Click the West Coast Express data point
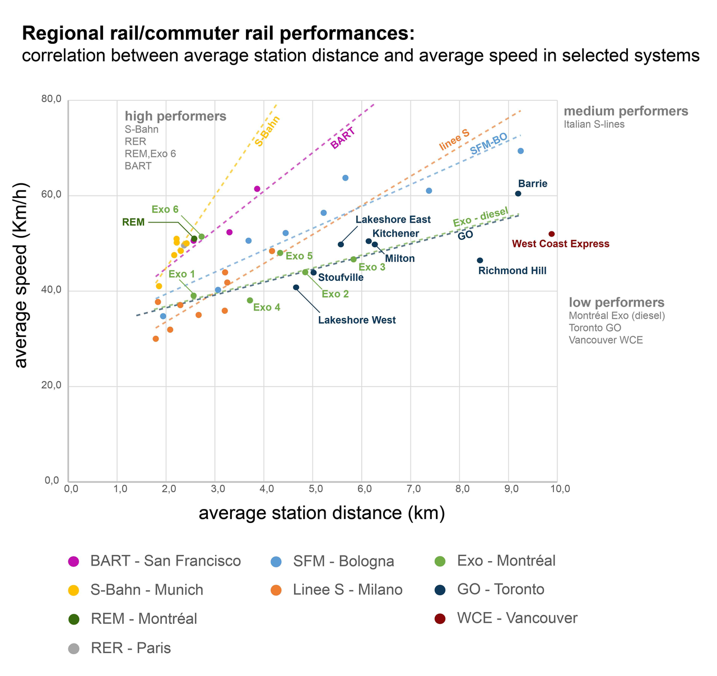click(551, 234)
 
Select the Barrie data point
click(518, 193)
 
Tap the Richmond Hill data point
click(480, 260)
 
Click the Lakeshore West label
click(357, 321)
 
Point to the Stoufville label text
click(341, 277)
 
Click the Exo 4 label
click(267, 307)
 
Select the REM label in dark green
click(133, 222)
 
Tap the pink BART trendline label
click(343, 138)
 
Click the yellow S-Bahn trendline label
click(267, 131)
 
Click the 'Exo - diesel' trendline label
click(481, 217)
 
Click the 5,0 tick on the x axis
click(315, 489)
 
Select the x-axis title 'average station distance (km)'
click(322, 513)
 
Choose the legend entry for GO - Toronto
click(500, 589)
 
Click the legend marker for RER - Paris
click(73, 649)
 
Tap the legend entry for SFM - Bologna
click(343, 561)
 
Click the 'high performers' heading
click(175, 116)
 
